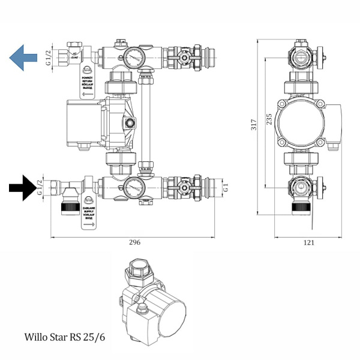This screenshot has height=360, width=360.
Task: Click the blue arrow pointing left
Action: tap(23, 58)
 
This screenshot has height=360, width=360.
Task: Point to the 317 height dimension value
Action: tap(254, 125)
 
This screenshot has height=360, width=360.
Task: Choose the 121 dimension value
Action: tap(310, 242)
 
